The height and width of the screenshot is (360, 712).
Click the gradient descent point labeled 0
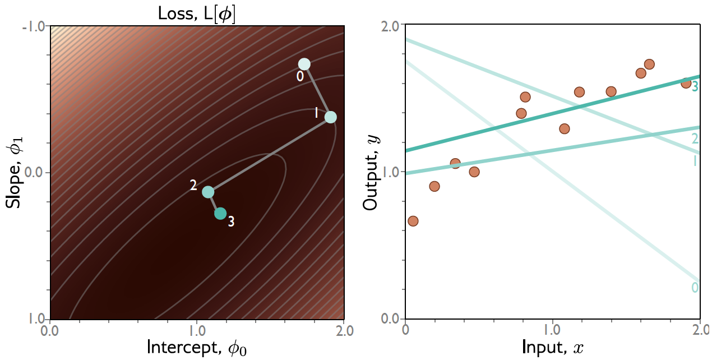click(x=304, y=64)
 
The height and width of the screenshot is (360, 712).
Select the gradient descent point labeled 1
click(x=330, y=117)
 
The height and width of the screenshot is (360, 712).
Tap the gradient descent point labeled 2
click(x=208, y=192)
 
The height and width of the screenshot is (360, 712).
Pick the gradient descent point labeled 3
click(x=220, y=214)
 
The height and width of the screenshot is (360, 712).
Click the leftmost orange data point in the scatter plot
click(x=413, y=221)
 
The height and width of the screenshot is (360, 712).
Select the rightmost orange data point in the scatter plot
click(x=686, y=83)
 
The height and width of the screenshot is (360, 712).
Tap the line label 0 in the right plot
click(x=695, y=288)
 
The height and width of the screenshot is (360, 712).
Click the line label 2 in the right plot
click(x=695, y=139)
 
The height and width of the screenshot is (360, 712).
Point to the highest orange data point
click(x=649, y=64)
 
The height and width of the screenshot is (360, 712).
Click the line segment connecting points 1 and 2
click(x=269, y=155)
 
